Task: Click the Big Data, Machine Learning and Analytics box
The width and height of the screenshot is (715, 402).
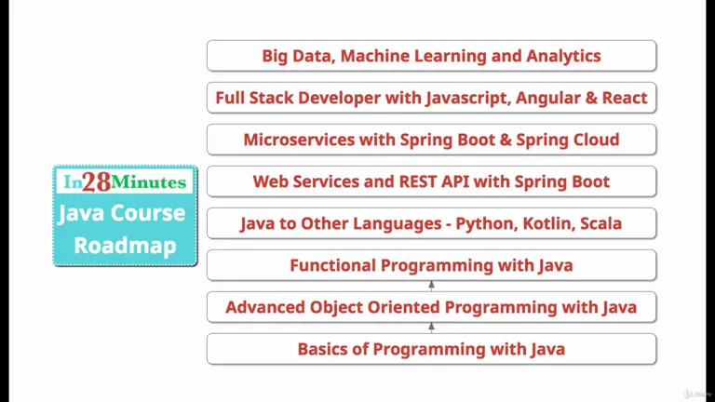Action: (431, 56)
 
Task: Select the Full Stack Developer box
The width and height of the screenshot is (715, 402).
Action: (431, 98)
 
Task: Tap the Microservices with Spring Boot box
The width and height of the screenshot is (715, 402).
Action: (431, 140)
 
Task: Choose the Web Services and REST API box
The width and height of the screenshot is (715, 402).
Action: (431, 181)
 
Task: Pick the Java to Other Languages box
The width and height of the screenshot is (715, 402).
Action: (431, 223)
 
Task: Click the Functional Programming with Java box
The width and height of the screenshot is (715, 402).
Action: (431, 265)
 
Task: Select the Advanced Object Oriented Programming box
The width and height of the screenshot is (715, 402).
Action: (431, 307)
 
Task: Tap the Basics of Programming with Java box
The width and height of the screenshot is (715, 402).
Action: (431, 349)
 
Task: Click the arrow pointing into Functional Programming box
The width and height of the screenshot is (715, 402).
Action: (431, 286)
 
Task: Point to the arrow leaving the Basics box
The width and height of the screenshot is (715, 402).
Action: (431, 328)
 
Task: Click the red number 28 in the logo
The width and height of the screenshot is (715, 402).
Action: (97, 181)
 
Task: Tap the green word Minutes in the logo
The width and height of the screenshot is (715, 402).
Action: (149, 182)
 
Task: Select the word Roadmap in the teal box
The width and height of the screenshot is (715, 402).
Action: (125, 246)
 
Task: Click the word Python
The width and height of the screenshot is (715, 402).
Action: (487, 224)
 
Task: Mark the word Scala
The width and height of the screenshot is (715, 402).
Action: (601, 223)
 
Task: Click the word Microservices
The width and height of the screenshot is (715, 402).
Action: (299, 140)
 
